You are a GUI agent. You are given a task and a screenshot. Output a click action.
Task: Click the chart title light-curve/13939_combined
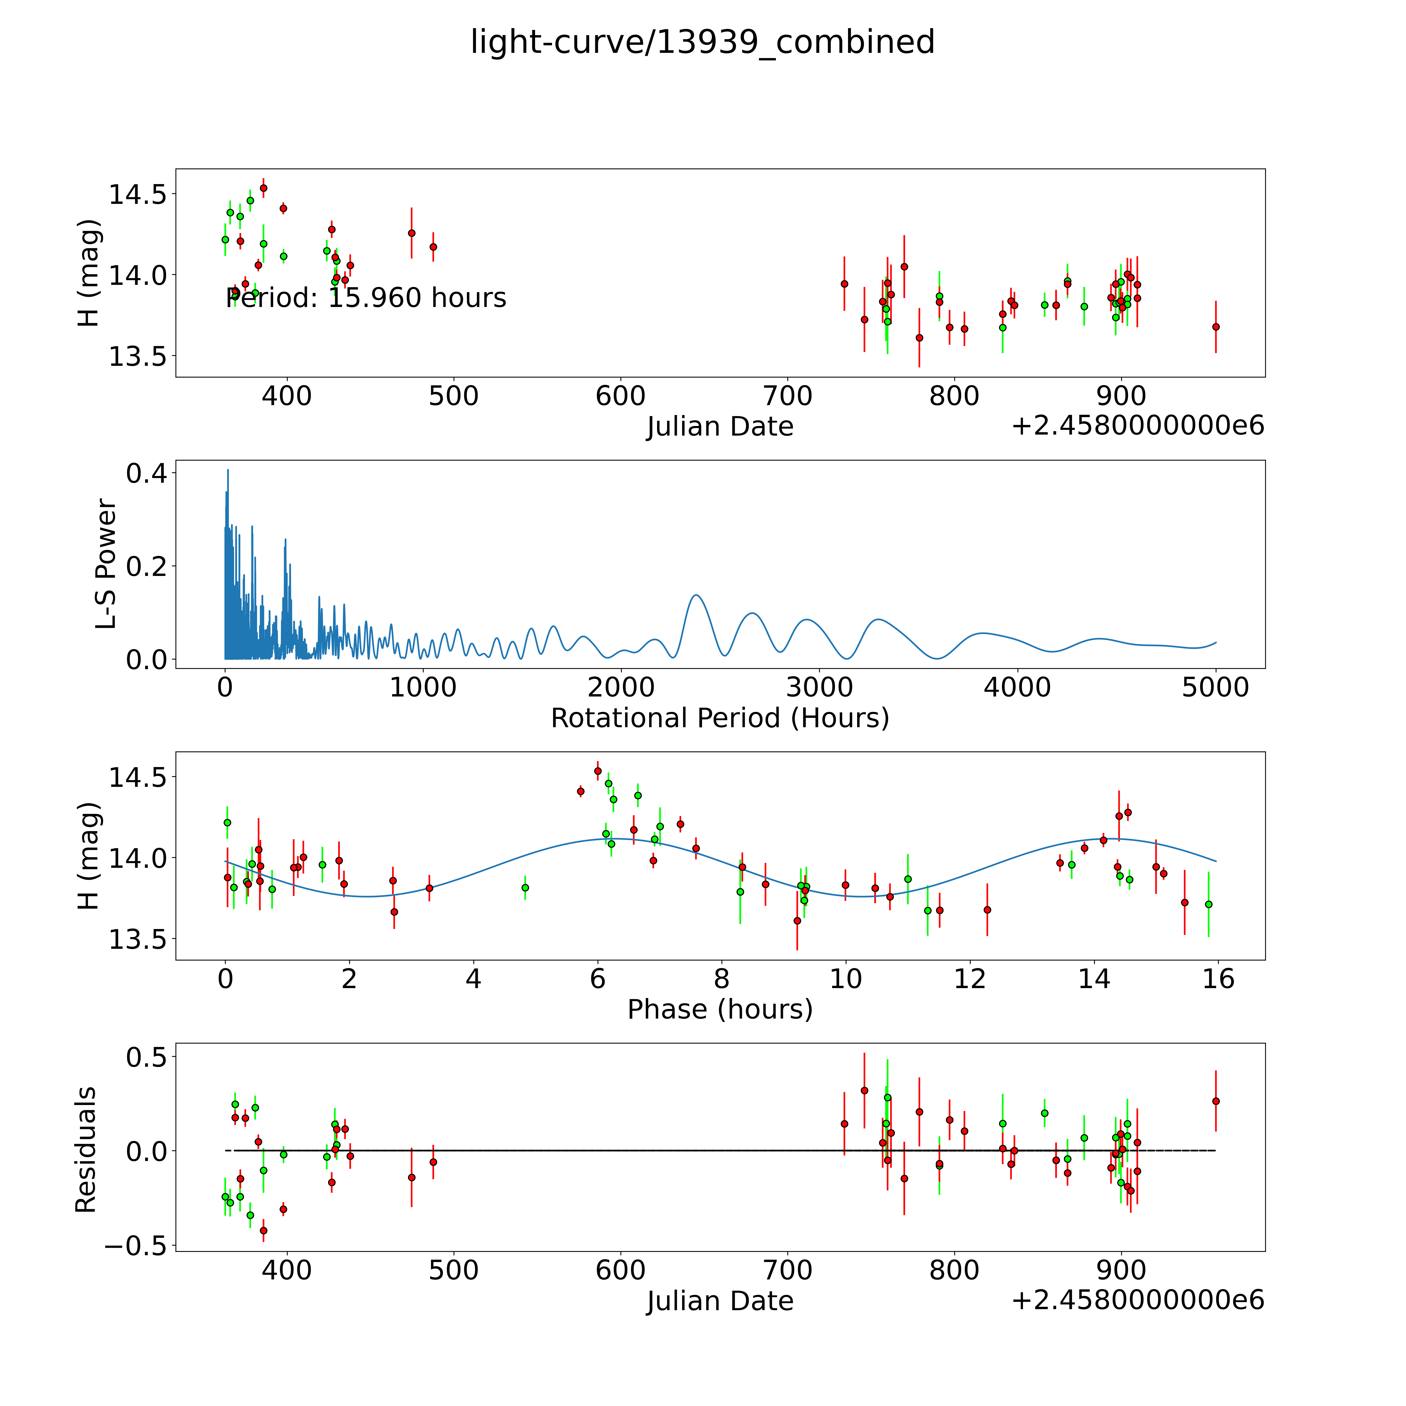702,42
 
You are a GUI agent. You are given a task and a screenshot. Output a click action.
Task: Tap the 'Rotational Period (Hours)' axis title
720,718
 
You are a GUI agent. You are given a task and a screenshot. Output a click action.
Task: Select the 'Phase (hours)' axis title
720,1009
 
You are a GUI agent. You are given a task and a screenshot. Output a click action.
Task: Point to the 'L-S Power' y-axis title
106,564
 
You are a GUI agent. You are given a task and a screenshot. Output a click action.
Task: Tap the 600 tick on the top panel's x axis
621,397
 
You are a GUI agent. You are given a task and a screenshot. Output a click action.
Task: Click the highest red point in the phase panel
598,771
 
